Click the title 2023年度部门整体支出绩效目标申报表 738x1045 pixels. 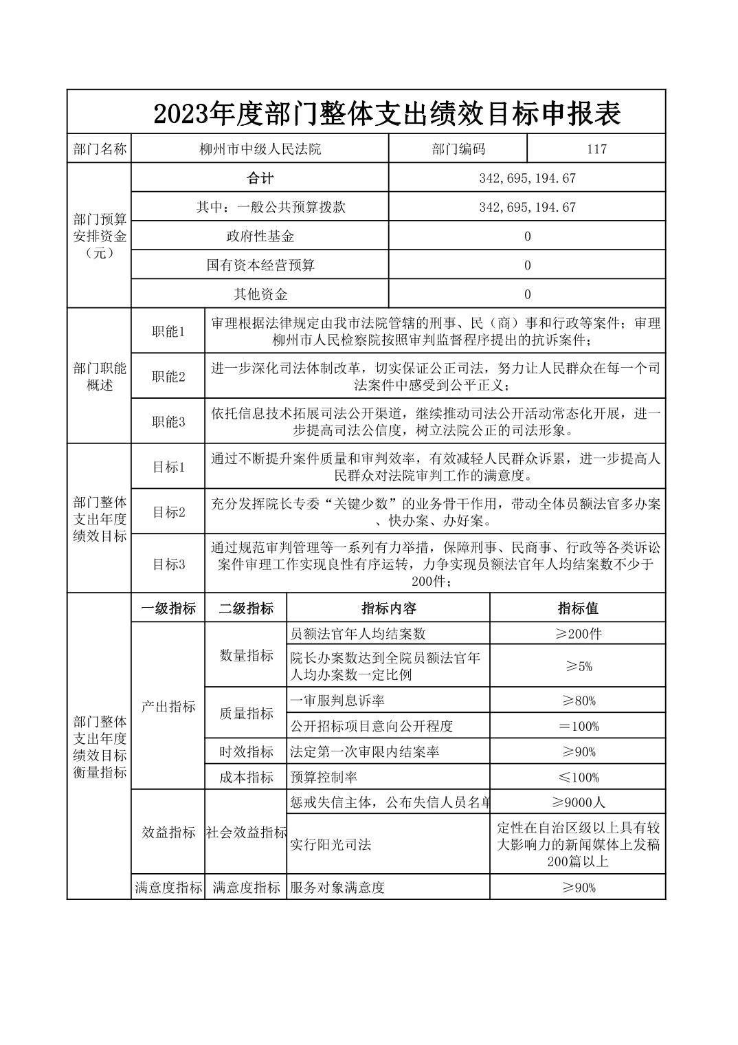pyautogui.click(x=388, y=113)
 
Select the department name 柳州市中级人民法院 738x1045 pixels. pyautogui.click(x=259, y=148)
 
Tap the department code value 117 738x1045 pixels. pyautogui.click(x=596, y=148)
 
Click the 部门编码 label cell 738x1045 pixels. pyautogui.click(x=458, y=148)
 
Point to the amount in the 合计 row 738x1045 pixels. pyautogui.click(x=527, y=178)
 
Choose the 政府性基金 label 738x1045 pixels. pyautogui.click(x=260, y=236)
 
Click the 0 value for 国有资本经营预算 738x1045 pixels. pyautogui.click(x=527, y=265)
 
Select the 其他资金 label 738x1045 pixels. pyautogui.click(x=260, y=294)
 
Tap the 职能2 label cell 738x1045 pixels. pyautogui.click(x=168, y=377)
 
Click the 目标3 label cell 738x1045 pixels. pyautogui.click(x=168, y=564)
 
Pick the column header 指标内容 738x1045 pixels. pyautogui.click(x=388, y=608)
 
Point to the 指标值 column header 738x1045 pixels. pyautogui.click(x=578, y=608)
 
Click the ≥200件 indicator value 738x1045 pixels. pyautogui.click(x=578, y=634)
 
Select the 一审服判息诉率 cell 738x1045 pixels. pyautogui.click(x=337, y=701)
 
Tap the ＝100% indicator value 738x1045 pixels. pyautogui.click(x=578, y=726)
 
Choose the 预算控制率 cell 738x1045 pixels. pyautogui.click(x=323, y=778)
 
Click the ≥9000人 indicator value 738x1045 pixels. pyautogui.click(x=578, y=802)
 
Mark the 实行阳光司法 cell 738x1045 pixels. pyautogui.click(x=331, y=844)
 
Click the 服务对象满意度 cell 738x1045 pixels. pyautogui.click(x=337, y=888)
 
